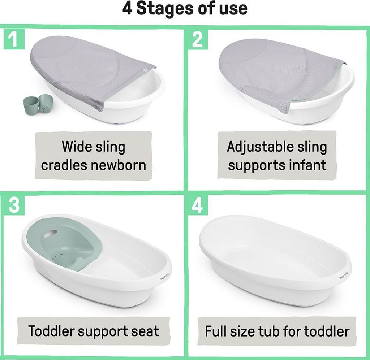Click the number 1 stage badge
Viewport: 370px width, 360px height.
click(x=14, y=39)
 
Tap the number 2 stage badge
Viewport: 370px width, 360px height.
click(x=198, y=39)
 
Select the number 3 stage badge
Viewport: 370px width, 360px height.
click(x=14, y=205)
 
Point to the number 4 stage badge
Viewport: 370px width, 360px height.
click(x=198, y=205)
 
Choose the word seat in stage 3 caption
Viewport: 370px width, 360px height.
click(x=145, y=331)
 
